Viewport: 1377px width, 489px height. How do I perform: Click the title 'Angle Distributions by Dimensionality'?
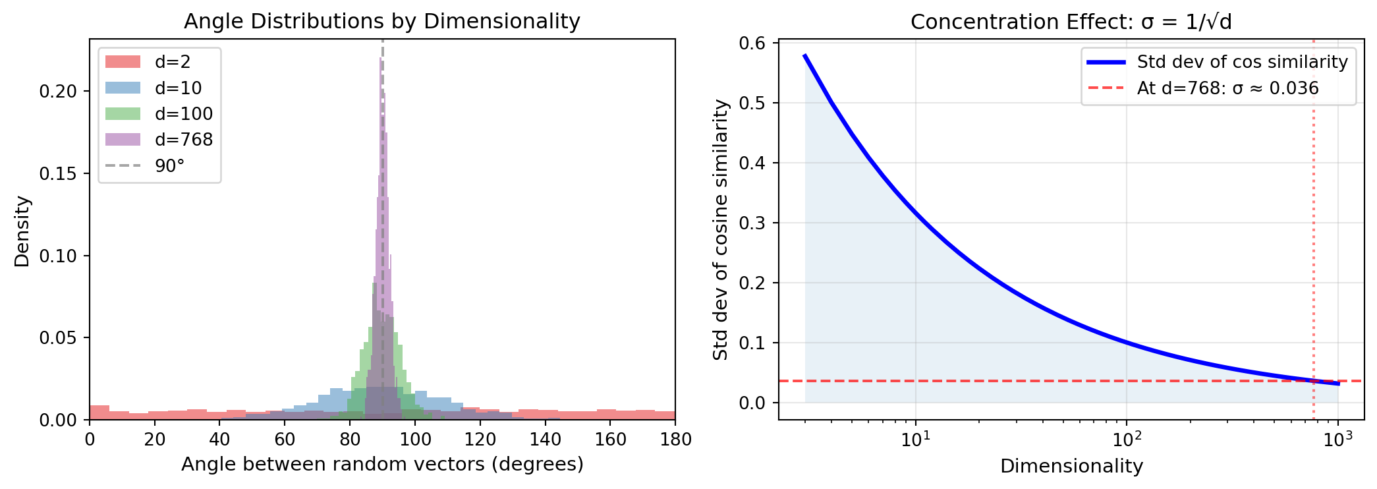(x=382, y=21)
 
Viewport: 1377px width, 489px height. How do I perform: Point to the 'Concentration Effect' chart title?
(x=1071, y=22)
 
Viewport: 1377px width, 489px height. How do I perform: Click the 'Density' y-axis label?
(x=22, y=231)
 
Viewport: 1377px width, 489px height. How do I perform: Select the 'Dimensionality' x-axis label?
(x=1071, y=466)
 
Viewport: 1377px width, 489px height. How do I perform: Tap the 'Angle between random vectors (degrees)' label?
(x=382, y=464)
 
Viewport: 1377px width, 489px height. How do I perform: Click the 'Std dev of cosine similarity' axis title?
(x=721, y=229)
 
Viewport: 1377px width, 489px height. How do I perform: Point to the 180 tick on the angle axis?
(x=675, y=440)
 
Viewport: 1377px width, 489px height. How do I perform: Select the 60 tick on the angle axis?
(x=285, y=440)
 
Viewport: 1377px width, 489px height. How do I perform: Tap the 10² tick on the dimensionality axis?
(x=1126, y=440)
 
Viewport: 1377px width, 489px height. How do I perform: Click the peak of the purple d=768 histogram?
(x=380, y=59)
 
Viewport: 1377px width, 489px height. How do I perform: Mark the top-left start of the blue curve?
(x=805, y=56)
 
